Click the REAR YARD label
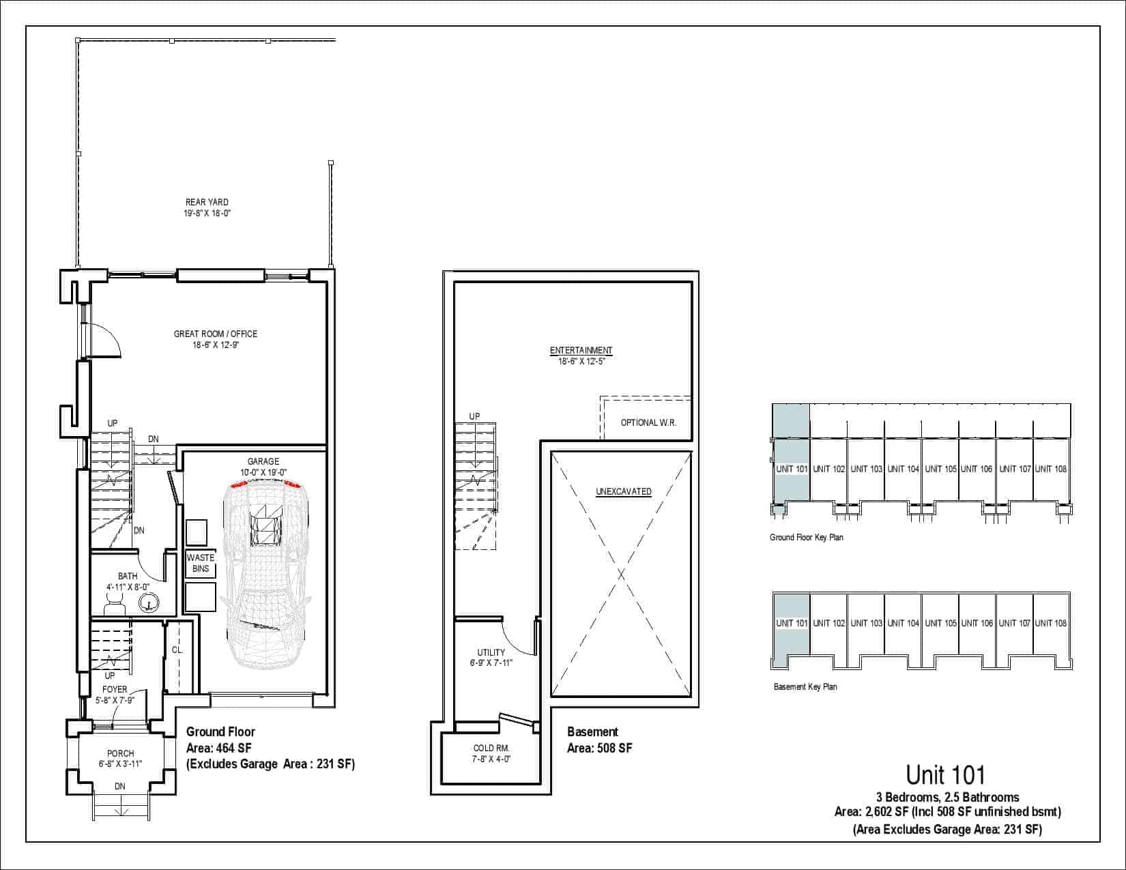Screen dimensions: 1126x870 [207, 202]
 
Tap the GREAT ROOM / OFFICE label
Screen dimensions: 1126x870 [216, 334]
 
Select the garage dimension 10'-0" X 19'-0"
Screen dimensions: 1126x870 [263, 473]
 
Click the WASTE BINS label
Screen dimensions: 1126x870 [201, 563]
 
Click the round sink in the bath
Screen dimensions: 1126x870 [149, 603]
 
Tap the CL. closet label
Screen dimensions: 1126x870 [177, 650]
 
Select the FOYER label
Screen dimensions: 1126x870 [115, 690]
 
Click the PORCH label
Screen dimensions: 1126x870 [121, 753]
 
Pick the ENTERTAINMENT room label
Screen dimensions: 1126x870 [581, 350]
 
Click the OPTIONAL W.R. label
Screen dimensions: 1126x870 [649, 422]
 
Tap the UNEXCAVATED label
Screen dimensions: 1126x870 [623, 491]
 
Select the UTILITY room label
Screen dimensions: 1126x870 [491, 652]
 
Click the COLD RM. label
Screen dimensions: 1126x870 [491, 749]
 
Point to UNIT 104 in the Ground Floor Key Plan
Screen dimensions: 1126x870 [903, 469]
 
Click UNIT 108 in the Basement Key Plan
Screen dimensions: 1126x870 [1051, 623]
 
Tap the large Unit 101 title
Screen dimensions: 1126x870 [946, 775]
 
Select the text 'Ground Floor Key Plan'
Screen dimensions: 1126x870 [807, 537]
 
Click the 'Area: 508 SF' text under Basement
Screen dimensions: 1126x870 [600, 749]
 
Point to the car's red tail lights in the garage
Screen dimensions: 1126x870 [265, 484]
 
